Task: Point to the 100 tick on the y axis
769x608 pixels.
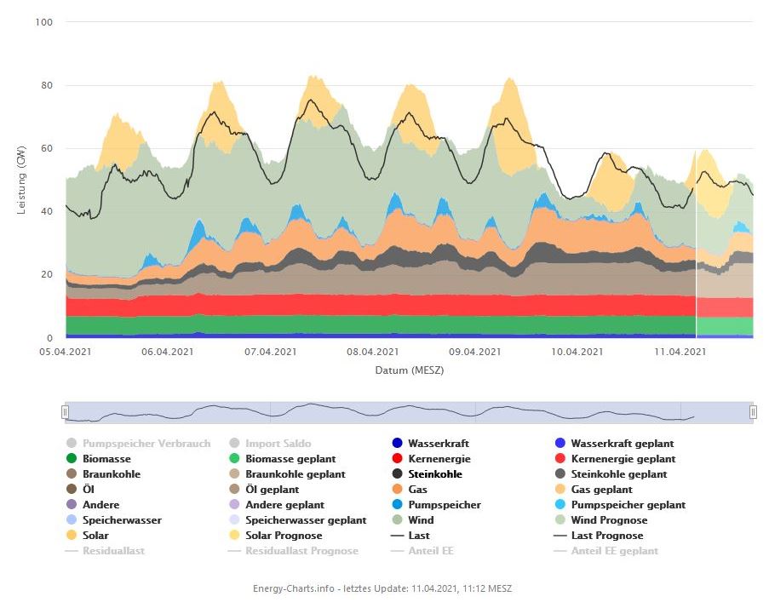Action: point(44,22)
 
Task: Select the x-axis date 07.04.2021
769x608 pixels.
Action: point(270,352)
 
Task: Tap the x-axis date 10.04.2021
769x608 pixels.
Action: point(577,352)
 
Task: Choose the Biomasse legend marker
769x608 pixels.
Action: point(72,459)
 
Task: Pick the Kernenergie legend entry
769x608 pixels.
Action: point(429,459)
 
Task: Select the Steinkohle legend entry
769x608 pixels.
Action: point(434,474)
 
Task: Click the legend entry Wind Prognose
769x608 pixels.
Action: point(608,520)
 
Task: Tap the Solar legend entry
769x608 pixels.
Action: point(95,536)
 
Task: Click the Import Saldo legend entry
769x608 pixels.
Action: point(278,444)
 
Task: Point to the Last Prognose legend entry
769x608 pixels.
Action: point(606,536)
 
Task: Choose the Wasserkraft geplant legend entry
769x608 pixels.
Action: point(622,444)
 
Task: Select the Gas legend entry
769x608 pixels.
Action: point(417,490)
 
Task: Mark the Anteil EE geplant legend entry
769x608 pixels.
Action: point(614,551)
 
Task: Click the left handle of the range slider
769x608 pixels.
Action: point(64,412)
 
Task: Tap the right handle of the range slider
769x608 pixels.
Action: point(753,412)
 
